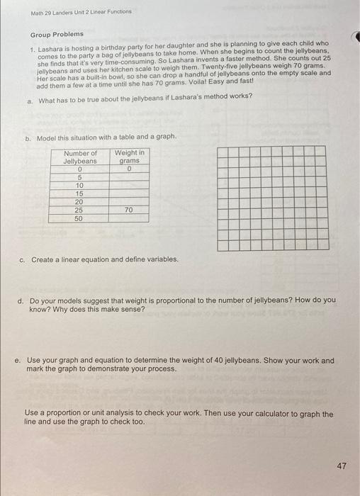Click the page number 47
(342, 466)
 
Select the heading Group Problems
(57, 34)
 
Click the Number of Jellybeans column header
(80, 157)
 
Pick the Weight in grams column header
(129, 157)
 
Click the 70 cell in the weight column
(129, 210)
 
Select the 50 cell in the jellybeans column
(80, 219)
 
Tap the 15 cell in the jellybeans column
(80, 193)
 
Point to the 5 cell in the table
(80, 177)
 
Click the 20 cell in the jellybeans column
(80, 202)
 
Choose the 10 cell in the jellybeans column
(80, 185)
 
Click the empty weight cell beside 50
(129, 219)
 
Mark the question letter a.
(30, 101)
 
